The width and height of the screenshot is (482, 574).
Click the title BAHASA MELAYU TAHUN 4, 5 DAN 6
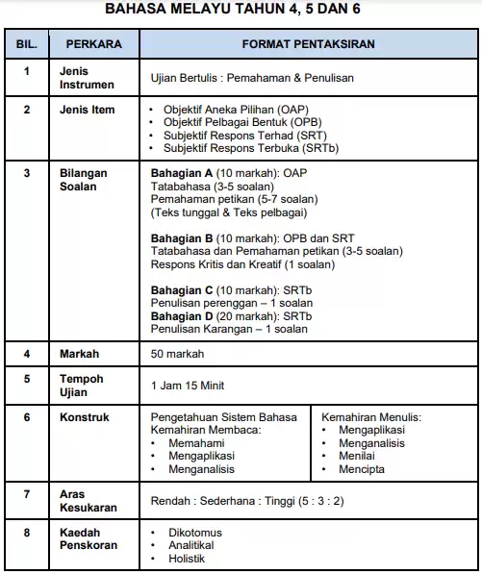241,12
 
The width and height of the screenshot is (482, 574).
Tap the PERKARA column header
92,44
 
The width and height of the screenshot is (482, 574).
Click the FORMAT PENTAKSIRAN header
309,44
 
